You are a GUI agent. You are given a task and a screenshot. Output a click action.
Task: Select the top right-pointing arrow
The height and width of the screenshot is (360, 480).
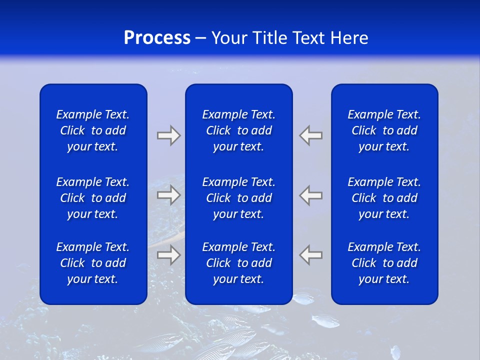click(x=168, y=135)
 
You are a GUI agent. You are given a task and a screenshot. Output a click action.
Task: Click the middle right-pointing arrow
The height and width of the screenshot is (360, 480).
click(x=168, y=195)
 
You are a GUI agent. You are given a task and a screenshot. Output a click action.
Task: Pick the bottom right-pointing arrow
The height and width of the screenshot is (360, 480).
click(x=168, y=254)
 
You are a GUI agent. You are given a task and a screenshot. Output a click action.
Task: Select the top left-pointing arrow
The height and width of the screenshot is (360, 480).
click(x=311, y=135)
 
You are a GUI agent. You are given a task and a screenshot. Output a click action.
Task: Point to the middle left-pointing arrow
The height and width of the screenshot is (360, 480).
click(x=311, y=195)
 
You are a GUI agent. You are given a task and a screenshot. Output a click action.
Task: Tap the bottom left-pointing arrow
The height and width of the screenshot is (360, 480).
click(x=311, y=254)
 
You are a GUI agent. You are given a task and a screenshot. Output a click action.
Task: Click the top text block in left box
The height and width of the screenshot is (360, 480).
click(x=93, y=130)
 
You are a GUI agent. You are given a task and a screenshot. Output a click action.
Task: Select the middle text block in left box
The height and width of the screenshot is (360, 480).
click(x=93, y=198)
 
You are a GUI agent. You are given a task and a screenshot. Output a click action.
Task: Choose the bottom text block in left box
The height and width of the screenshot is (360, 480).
click(x=93, y=263)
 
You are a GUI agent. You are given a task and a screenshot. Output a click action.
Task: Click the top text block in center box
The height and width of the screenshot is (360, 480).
click(x=238, y=130)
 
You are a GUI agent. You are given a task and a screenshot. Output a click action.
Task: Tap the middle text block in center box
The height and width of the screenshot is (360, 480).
click(x=238, y=198)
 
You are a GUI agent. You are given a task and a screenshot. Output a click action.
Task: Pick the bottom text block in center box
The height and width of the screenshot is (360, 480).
click(x=238, y=263)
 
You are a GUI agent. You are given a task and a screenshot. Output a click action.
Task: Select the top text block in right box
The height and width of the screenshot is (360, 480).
click(x=384, y=130)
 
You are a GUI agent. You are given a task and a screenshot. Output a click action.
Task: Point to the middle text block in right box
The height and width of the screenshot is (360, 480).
click(x=384, y=198)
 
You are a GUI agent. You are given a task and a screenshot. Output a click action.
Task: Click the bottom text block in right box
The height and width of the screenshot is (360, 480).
click(x=384, y=263)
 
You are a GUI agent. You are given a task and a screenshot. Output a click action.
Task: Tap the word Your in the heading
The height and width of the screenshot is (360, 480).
click(x=229, y=38)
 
